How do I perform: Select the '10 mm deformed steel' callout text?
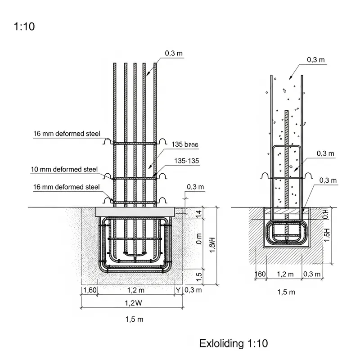point(64,170)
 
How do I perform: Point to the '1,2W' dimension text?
point(134,303)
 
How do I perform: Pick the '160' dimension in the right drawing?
point(260,274)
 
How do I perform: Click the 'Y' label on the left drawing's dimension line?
point(179,290)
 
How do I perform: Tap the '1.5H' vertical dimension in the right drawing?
point(327,234)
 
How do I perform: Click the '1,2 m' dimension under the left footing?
point(135,289)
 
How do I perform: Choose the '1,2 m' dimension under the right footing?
point(285,274)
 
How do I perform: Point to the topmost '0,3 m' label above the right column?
point(316,59)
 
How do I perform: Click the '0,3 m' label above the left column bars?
point(174,53)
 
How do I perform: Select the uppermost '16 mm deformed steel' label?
point(66,134)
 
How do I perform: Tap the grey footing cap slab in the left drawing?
point(135,211)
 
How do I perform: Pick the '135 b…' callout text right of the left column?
point(185,144)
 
